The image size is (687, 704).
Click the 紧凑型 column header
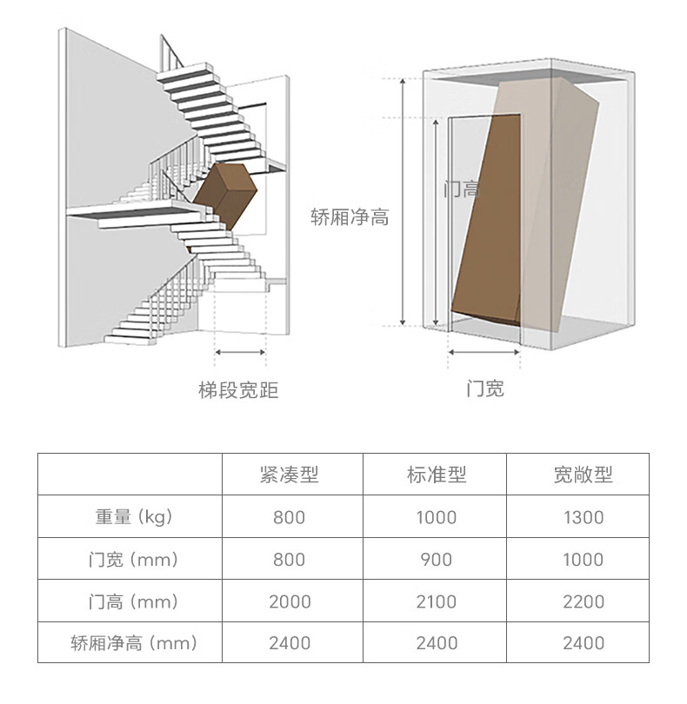tap(289, 475)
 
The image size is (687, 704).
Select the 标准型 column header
tap(436, 475)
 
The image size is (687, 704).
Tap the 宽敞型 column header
tap(583, 475)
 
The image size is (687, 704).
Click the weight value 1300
tap(583, 518)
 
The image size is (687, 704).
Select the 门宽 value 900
tap(436, 560)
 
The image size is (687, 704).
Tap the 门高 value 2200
tap(583, 601)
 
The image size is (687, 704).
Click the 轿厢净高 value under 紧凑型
tap(289, 644)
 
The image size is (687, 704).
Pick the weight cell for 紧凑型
tap(289, 518)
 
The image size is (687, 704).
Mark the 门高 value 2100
tap(436, 601)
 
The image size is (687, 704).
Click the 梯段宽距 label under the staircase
tap(238, 390)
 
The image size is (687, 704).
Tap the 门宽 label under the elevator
tap(484, 389)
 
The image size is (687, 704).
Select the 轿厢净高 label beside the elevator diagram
tap(350, 217)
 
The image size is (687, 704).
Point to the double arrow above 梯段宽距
tap(240, 352)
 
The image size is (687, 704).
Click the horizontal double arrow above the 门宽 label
tap(484, 353)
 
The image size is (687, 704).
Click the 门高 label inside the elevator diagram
tap(461, 188)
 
